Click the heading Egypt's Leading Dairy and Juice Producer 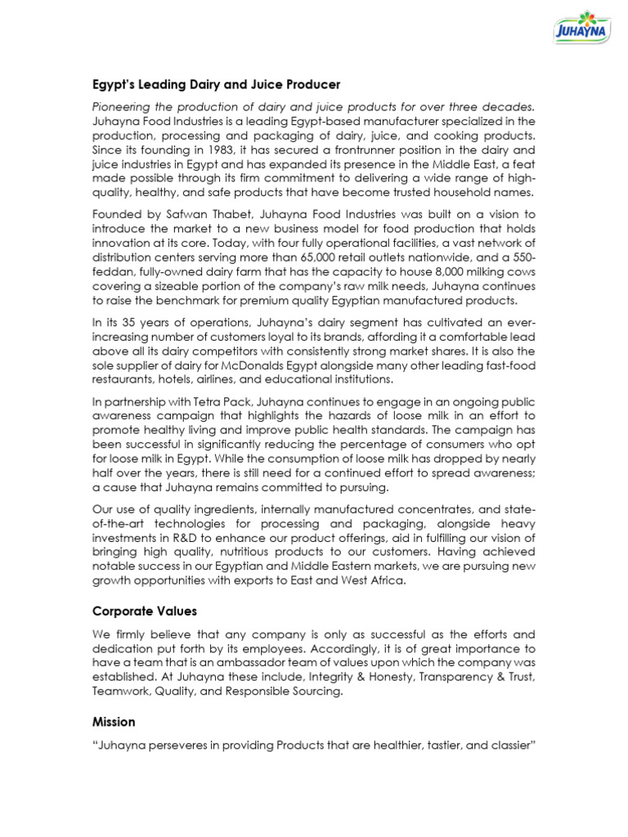tap(216, 85)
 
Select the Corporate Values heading tap(144, 611)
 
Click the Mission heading tap(114, 722)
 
